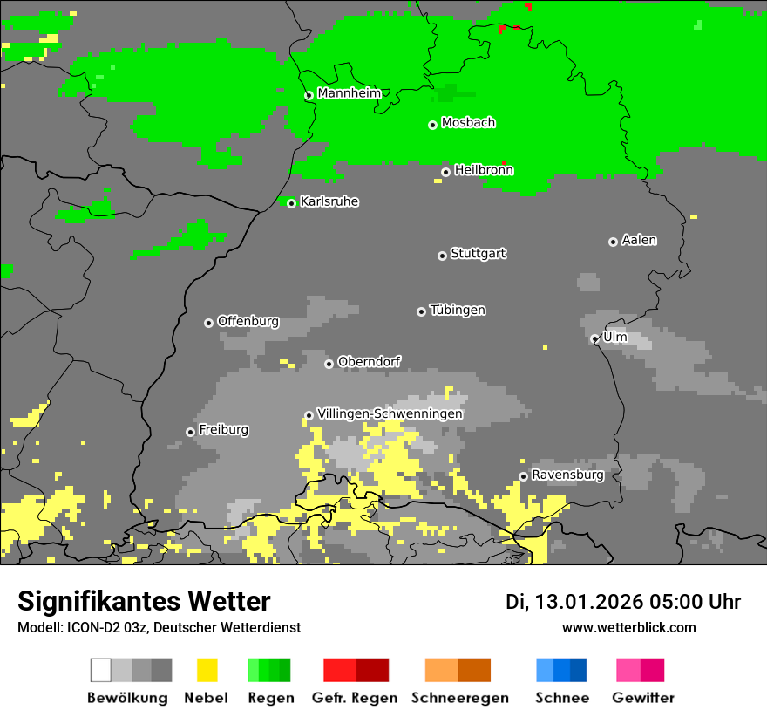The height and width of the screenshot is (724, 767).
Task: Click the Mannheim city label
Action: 349,92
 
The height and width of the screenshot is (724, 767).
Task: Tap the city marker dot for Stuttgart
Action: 442,256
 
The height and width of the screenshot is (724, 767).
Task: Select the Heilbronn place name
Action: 484,170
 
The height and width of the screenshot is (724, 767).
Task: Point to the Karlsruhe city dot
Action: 292,203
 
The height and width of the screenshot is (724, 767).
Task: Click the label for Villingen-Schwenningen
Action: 390,413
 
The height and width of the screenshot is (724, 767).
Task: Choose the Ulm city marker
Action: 595,338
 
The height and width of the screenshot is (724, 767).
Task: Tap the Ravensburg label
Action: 567,475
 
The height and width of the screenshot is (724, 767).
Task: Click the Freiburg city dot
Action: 190,432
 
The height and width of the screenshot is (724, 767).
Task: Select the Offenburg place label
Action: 248,321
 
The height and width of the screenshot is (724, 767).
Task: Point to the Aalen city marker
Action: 613,242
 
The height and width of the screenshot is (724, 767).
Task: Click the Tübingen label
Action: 458,310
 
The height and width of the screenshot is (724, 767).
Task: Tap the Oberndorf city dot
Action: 329,364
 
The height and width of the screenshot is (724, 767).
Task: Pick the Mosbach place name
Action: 468,123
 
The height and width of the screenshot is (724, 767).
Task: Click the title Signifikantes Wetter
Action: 144,601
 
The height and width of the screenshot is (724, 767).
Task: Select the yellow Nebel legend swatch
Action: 207,670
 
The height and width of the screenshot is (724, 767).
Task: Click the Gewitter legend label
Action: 642,698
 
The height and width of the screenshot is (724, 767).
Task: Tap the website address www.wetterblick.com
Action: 628,627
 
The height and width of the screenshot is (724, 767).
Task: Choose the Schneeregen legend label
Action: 460,698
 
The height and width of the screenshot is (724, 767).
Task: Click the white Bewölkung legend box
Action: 101,670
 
